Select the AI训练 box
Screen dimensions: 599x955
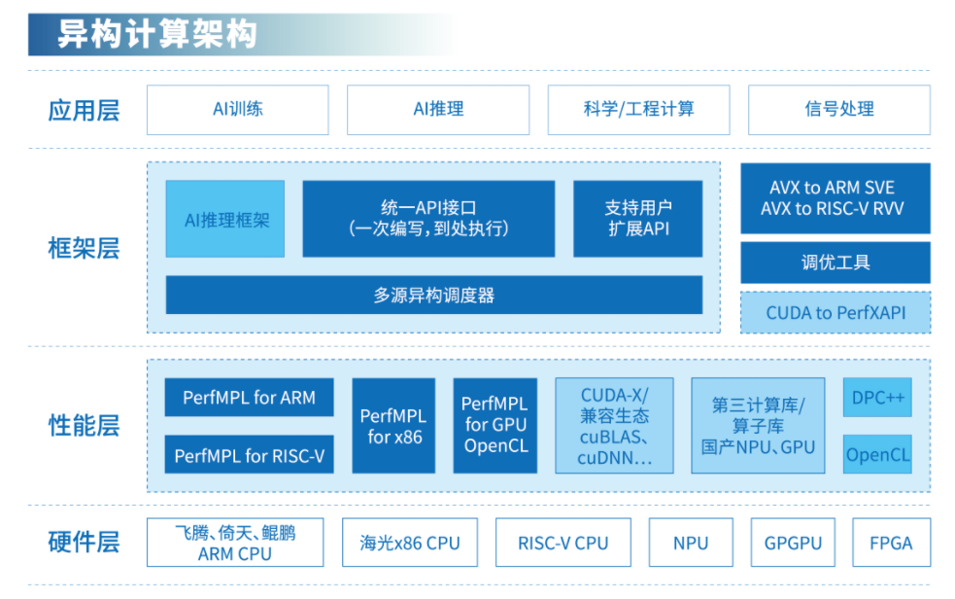(237, 109)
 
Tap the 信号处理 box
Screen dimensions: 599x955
(838, 109)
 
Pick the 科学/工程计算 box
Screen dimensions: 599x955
(638, 109)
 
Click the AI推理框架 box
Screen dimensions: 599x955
(225, 219)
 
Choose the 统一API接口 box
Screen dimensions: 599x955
(428, 219)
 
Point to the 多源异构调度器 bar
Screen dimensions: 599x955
(433, 295)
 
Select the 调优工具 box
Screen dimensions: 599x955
(835, 262)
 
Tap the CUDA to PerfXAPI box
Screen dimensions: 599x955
(835, 312)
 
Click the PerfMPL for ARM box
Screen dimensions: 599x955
(249, 397)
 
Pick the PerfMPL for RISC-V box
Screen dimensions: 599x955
(249, 454)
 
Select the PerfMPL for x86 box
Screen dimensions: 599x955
(393, 426)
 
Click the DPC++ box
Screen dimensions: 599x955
(877, 397)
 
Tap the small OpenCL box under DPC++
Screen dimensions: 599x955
(877, 454)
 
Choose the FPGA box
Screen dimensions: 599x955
(891, 543)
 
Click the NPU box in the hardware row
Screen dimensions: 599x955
(691, 543)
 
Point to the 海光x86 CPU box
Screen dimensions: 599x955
(408, 543)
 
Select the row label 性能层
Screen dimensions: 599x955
(84, 425)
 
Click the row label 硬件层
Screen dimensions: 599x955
(84, 542)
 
